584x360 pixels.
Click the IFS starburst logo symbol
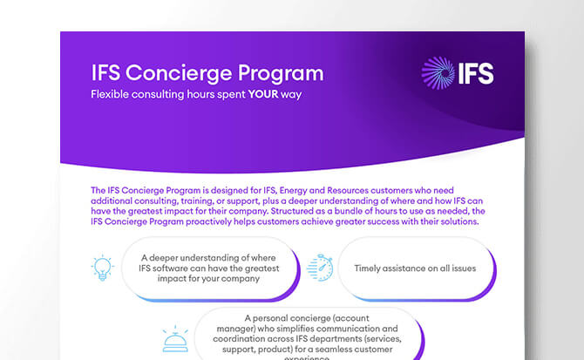(x=438, y=74)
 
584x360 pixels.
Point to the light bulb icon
(x=103, y=268)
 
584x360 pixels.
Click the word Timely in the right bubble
(x=371, y=268)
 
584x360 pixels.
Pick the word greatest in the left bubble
(x=247, y=268)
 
